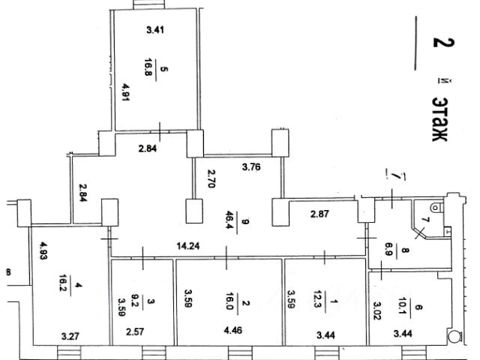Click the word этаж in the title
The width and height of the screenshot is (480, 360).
[440, 117]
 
